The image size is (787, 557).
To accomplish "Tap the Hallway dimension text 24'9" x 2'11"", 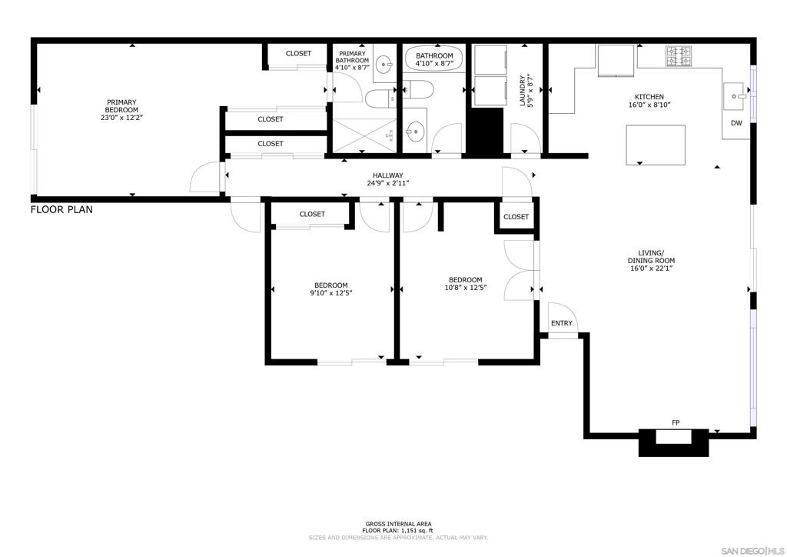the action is point(388,183).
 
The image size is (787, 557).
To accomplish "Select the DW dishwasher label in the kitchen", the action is point(736,123).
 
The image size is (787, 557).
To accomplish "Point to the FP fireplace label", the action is point(676,423).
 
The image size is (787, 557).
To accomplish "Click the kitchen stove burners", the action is point(679,55).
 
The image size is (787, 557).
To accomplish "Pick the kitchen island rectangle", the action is point(656,145).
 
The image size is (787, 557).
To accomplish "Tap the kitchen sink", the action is point(735,96).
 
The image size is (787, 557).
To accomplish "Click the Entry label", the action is point(561,323).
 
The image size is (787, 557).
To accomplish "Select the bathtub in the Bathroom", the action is point(433,59).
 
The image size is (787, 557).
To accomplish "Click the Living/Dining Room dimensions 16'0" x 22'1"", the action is point(652,268).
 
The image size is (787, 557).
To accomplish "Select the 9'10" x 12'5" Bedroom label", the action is point(331,289).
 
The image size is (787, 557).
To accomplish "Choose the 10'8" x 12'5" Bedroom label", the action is point(466,284).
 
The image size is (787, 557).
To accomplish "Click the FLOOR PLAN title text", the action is point(61,209).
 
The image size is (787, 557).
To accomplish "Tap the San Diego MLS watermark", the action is point(752,549).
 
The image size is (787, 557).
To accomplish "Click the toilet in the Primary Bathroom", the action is point(380,98).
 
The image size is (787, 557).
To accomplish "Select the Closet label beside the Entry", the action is point(516,217).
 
